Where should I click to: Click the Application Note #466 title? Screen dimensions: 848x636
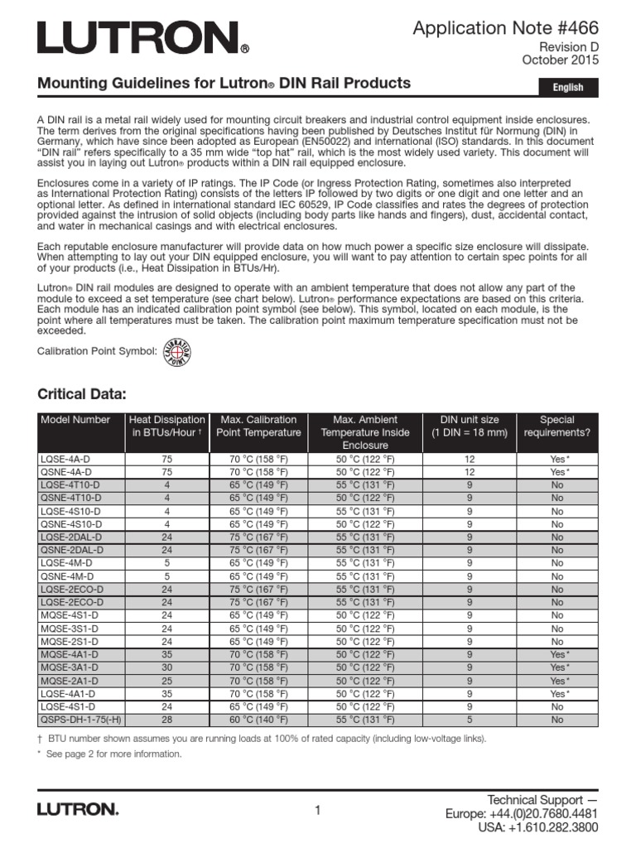(x=505, y=29)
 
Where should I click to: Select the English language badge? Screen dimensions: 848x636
(x=568, y=87)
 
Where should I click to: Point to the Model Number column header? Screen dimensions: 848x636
(x=75, y=420)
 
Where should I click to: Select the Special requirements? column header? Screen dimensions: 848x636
(x=556, y=426)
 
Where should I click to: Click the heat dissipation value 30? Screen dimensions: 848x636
(x=166, y=667)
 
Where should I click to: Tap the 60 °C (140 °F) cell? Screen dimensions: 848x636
(x=259, y=720)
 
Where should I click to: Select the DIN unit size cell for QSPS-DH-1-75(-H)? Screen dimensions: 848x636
(x=470, y=720)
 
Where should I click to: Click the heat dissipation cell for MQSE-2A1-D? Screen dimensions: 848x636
(x=166, y=681)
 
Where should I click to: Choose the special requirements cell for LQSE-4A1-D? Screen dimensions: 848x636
(x=556, y=693)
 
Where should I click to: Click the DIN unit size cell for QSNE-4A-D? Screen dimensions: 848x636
(x=470, y=472)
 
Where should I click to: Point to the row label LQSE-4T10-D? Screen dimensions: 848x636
(x=70, y=485)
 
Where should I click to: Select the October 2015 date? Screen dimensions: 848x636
(x=560, y=60)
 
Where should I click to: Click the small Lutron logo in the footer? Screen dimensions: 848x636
(x=78, y=810)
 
